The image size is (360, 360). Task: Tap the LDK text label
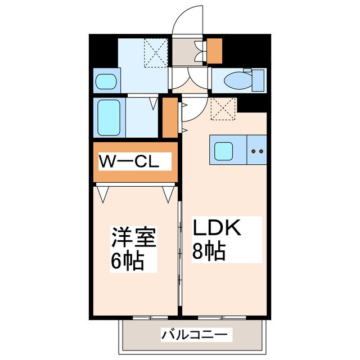click(x=217, y=228)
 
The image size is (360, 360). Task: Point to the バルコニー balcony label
click(x=195, y=335)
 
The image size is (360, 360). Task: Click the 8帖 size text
click(x=210, y=250)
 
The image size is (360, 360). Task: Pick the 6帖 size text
click(x=128, y=260)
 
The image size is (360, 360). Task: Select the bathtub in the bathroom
click(x=109, y=118)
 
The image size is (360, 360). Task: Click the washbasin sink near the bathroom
click(x=105, y=82)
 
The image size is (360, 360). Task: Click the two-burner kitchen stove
click(x=256, y=151)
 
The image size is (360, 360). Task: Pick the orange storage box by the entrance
click(x=215, y=51)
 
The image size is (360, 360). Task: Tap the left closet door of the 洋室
click(x=102, y=195)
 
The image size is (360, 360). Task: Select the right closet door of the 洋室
click(x=168, y=195)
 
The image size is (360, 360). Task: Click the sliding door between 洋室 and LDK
click(x=179, y=247)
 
